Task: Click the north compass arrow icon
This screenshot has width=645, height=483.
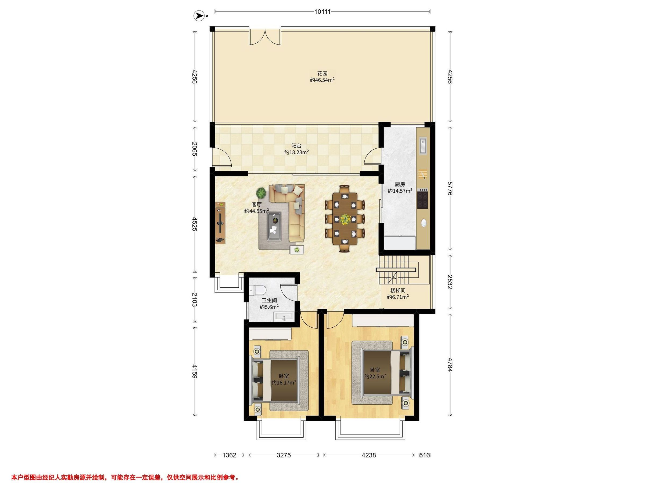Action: (x=200, y=16)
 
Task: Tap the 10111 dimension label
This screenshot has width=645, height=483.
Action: (x=322, y=12)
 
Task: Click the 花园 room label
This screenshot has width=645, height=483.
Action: (x=322, y=73)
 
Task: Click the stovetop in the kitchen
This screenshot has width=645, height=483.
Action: (x=423, y=199)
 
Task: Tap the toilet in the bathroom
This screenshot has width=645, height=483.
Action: (x=258, y=290)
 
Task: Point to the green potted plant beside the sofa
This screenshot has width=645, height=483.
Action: (x=261, y=192)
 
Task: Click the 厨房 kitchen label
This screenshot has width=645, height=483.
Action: (x=400, y=184)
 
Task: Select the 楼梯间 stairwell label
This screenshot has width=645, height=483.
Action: (x=398, y=290)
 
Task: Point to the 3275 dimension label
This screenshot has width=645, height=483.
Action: (x=284, y=455)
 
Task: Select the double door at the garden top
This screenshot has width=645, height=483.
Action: (x=265, y=36)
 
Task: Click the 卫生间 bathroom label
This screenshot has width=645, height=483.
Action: (x=269, y=301)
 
